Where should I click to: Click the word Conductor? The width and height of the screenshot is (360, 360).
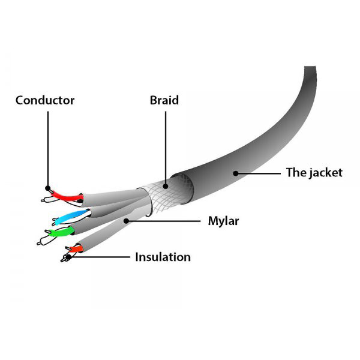[45, 100]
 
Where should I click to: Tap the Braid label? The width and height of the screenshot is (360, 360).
[164, 100]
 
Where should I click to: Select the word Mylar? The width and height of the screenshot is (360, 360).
[223, 221]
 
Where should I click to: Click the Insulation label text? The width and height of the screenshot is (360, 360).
[163, 257]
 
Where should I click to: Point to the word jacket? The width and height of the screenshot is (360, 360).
[325, 173]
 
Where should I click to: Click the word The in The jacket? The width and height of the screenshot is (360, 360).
[295, 172]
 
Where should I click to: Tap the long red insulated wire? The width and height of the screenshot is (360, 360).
[67, 196]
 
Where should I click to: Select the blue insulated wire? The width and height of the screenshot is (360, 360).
[72, 217]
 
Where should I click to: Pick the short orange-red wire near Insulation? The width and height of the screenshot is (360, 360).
[76, 248]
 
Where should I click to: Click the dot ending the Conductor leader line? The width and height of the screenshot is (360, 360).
[48, 188]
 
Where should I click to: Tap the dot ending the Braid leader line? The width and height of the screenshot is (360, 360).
[166, 186]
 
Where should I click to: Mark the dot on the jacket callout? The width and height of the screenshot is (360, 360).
[236, 173]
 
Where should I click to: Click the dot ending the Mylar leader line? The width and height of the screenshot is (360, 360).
[126, 221]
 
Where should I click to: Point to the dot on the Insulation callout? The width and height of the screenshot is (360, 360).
[68, 257]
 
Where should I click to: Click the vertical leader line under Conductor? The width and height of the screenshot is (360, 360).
[48, 149]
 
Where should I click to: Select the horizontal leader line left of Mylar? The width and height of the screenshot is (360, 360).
[163, 221]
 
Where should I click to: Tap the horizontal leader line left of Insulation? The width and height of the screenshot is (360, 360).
[99, 257]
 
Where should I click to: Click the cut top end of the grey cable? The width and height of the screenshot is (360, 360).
[310, 67]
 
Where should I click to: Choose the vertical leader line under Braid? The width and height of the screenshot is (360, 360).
[166, 148]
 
